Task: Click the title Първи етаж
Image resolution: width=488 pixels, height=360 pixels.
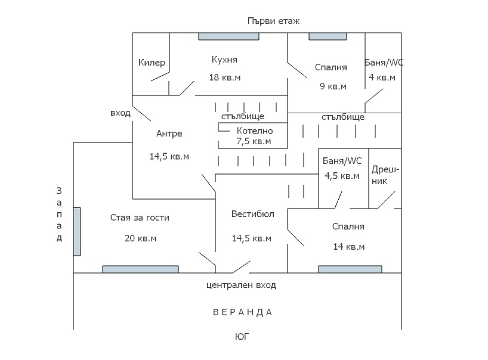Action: (273, 21)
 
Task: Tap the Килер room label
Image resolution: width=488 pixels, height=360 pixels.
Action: (152, 63)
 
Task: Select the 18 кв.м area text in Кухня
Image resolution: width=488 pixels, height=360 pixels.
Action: (225, 77)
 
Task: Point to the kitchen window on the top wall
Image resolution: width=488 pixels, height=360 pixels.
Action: (228, 36)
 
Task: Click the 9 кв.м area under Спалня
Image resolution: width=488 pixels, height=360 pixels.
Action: (333, 86)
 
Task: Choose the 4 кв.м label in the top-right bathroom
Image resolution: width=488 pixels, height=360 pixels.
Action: (382, 77)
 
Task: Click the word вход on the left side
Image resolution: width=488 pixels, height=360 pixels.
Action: (121, 113)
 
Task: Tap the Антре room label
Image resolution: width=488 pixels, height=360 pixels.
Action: (169, 134)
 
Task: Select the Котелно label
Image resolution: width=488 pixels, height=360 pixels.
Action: (255, 131)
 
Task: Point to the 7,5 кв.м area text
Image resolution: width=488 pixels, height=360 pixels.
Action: (254, 142)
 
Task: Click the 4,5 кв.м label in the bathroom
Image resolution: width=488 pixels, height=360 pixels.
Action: (342, 176)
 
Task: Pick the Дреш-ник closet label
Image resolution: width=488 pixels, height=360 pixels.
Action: (385, 175)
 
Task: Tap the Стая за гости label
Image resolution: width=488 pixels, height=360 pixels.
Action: (140, 218)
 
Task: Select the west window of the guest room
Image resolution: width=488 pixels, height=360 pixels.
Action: (77, 231)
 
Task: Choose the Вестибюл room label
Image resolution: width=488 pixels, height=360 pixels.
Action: (253, 214)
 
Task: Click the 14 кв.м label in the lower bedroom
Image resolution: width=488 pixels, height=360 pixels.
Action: (348, 247)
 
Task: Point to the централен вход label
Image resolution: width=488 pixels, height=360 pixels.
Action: (241, 285)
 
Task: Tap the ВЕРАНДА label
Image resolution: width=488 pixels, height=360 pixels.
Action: (243, 312)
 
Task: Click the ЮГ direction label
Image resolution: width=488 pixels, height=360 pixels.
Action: (241, 337)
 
